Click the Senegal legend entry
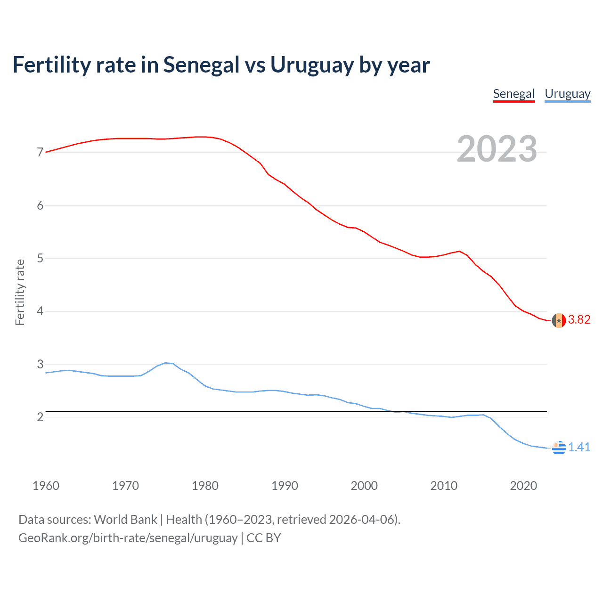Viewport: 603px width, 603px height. [x=513, y=94]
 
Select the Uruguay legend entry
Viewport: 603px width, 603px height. [x=567, y=94]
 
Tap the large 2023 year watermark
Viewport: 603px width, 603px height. [x=497, y=149]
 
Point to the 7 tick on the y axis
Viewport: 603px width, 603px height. [x=40, y=152]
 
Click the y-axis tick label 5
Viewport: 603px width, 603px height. [x=40, y=258]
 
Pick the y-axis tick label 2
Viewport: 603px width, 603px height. [x=40, y=417]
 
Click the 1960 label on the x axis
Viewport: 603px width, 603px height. [x=46, y=486]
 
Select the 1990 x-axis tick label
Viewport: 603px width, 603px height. [x=285, y=486]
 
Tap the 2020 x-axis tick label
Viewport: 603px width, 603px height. [x=523, y=486]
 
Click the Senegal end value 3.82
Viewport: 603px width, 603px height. [x=579, y=319]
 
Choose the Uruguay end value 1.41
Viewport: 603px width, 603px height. [x=579, y=447]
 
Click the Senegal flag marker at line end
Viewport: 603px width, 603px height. [x=559, y=320]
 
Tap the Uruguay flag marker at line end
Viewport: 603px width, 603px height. [x=559, y=448]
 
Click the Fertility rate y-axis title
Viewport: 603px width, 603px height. [x=20, y=292]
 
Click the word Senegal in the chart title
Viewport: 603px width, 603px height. [x=201, y=65]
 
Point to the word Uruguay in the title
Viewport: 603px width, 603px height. [x=311, y=65]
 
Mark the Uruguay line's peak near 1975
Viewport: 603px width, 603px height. [x=165, y=363]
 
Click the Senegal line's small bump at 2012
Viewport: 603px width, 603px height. [x=459, y=251]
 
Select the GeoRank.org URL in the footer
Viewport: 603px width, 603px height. [x=128, y=538]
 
